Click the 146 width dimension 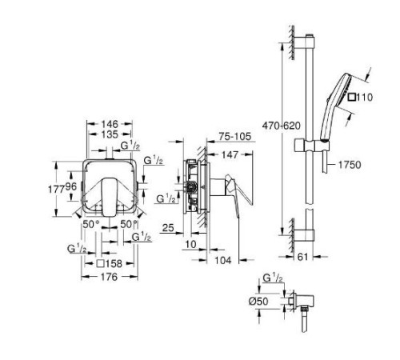(x=110, y=124)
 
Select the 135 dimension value (x=110, y=134)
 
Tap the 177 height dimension (x=56, y=190)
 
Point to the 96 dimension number (x=71, y=186)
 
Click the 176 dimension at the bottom (x=110, y=277)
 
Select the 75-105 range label (x=235, y=137)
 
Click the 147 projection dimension (x=230, y=154)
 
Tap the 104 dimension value (x=223, y=260)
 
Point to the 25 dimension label (x=168, y=228)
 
